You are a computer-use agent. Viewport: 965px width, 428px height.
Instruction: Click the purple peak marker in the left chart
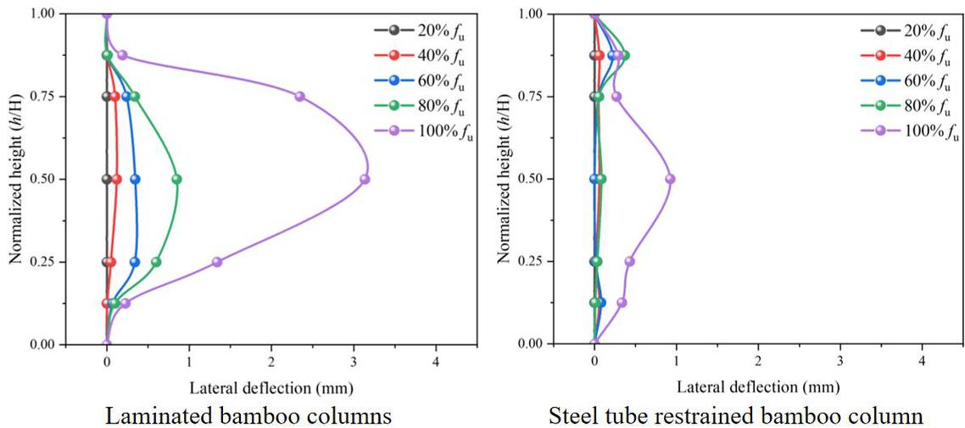365,179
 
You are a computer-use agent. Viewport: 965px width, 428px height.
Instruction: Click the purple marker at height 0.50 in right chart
670,179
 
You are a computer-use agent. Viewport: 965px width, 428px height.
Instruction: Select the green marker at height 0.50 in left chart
176,179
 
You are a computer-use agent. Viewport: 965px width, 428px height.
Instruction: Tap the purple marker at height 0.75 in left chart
299,97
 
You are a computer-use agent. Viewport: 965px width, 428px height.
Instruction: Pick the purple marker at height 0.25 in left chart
217,262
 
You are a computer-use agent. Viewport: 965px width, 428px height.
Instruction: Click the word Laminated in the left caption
154,415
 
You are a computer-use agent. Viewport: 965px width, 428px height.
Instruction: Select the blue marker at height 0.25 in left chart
135,262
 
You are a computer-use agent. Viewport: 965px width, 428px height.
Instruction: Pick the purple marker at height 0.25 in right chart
629,262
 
